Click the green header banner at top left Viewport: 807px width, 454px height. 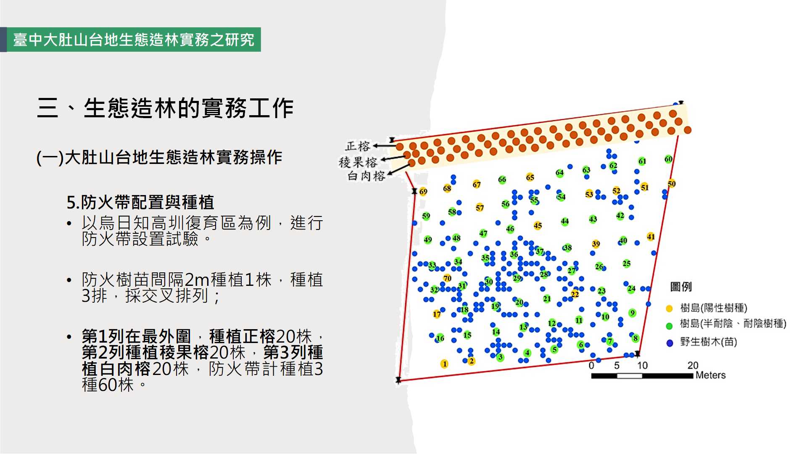[x=134, y=40]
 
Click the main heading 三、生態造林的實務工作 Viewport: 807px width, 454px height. [x=165, y=108]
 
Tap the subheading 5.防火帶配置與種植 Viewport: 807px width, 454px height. [x=140, y=202]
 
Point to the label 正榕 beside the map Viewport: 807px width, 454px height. [x=358, y=146]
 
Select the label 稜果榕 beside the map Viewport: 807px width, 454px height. [x=358, y=162]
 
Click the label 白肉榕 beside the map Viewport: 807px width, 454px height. [x=366, y=176]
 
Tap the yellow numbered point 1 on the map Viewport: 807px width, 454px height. [x=444, y=364]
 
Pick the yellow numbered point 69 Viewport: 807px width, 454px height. [x=423, y=192]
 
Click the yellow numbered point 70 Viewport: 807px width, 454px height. [x=447, y=278]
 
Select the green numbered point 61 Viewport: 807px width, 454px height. [x=642, y=161]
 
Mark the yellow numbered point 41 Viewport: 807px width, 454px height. [x=651, y=237]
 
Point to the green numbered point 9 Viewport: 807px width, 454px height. [x=633, y=313]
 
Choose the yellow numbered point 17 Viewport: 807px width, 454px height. [x=437, y=314]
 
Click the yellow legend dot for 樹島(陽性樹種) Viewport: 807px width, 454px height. [x=670, y=309]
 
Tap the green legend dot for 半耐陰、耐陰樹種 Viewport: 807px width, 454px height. [x=670, y=326]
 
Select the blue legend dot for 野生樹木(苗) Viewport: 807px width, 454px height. [x=670, y=343]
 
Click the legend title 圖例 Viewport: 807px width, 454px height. [x=681, y=287]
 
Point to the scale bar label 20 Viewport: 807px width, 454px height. [x=693, y=365]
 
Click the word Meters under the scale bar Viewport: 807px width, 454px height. [x=710, y=375]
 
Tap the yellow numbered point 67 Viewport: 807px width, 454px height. [x=476, y=184]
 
